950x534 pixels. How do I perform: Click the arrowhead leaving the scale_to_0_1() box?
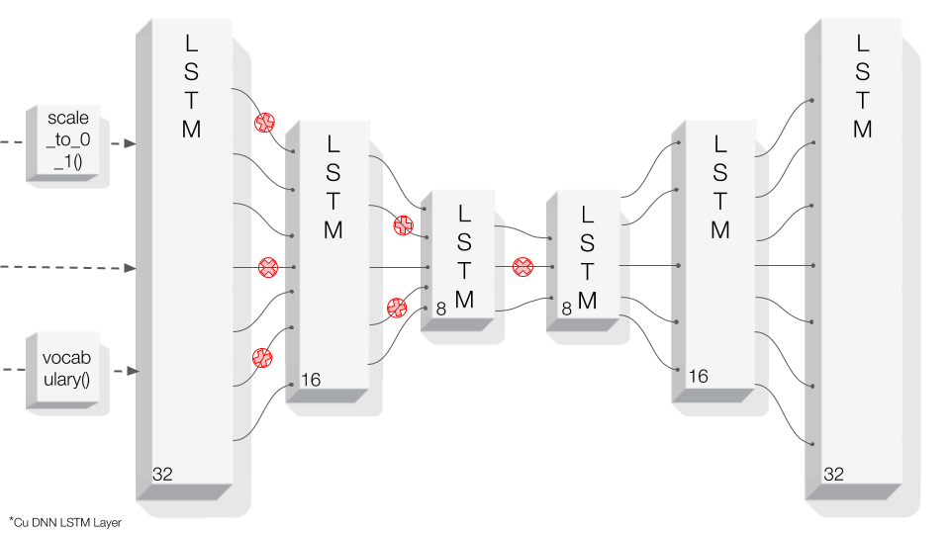(x=130, y=143)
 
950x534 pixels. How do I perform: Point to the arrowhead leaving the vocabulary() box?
(x=130, y=371)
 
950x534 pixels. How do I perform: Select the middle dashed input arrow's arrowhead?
(x=130, y=267)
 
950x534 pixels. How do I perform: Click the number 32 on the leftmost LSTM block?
(x=162, y=475)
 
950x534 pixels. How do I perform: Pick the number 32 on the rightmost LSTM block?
(x=833, y=475)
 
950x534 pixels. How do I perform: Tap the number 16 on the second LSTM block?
(x=309, y=380)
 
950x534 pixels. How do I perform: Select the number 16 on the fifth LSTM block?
(x=698, y=376)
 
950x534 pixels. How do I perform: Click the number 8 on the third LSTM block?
(x=440, y=311)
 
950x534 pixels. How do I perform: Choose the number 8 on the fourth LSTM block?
(x=566, y=310)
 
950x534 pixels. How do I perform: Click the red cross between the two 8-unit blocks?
(x=522, y=266)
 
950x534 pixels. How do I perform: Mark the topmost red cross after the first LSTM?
(x=264, y=123)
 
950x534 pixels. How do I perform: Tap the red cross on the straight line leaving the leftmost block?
(x=267, y=267)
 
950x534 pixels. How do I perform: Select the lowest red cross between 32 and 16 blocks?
(x=262, y=357)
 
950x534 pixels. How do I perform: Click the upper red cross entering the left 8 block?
(x=402, y=225)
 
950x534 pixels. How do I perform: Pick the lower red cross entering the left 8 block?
(x=397, y=308)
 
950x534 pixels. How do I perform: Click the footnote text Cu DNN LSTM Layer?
(x=65, y=522)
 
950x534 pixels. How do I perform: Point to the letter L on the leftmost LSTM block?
(x=191, y=44)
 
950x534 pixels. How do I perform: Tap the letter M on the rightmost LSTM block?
(x=862, y=130)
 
